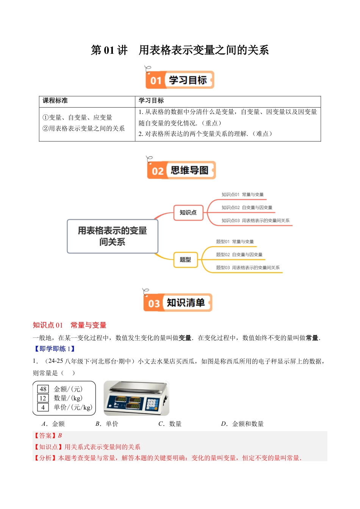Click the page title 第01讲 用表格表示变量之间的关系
point(180,50)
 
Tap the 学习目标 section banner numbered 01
point(180,80)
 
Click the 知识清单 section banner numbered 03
point(178,303)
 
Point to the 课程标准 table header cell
point(55,101)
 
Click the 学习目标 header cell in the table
point(151,101)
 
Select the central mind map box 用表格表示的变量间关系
point(112,236)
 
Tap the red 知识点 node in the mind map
point(188,212)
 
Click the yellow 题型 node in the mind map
point(185,260)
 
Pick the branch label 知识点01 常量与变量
point(243,195)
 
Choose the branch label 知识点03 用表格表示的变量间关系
point(255,220)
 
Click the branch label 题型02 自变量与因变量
point(239,254)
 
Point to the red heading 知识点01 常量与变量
point(70,325)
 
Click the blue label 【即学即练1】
point(55,349)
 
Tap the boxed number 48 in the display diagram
point(43,389)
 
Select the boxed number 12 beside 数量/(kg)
point(43,398)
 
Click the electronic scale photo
point(136,398)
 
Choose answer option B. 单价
point(107,424)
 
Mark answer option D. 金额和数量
point(243,424)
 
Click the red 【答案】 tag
point(45,436)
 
